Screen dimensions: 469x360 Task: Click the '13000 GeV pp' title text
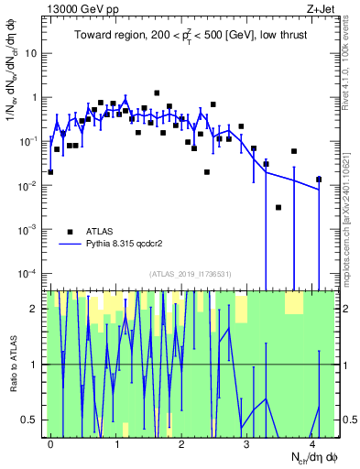[x=82, y=8]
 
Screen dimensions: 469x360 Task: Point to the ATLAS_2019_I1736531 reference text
[x=191, y=274]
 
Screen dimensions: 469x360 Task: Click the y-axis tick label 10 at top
[x=32, y=52]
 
